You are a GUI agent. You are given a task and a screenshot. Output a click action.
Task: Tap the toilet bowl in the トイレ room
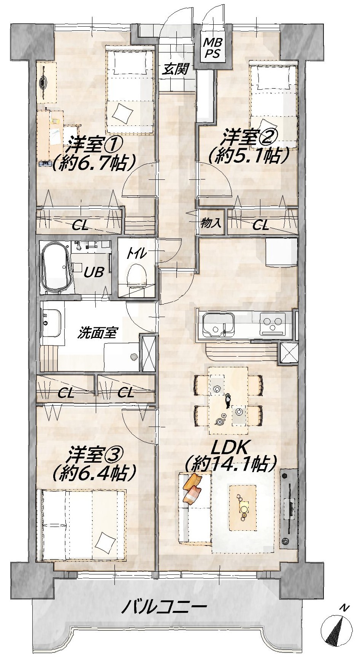(x=136, y=275)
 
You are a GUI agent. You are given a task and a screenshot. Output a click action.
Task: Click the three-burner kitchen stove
(x=273, y=324)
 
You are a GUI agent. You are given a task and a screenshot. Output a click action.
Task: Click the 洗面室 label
(x=97, y=333)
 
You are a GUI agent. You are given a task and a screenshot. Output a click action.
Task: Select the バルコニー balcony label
(x=164, y=606)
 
